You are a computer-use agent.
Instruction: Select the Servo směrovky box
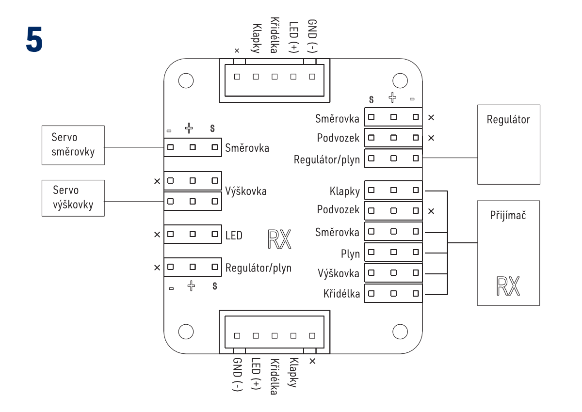click(x=73, y=145)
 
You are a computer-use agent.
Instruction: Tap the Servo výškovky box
click(x=73, y=198)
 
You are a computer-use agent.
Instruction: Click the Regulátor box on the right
click(x=508, y=144)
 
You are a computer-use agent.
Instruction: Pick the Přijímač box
click(x=508, y=253)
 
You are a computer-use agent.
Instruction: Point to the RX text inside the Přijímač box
click(x=508, y=286)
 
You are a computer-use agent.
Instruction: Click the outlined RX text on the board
click(x=279, y=239)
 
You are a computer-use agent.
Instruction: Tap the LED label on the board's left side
click(x=234, y=236)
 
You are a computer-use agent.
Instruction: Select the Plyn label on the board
click(x=350, y=254)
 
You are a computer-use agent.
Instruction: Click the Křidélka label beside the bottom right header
click(x=341, y=294)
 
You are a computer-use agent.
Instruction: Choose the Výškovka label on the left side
click(x=246, y=191)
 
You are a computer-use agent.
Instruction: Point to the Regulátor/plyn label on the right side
click(x=327, y=159)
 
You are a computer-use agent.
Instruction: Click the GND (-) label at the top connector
click(x=312, y=36)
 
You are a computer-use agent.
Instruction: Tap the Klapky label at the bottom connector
click(x=292, y=373)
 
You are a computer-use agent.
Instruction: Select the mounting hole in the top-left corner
click(x=186, y=80)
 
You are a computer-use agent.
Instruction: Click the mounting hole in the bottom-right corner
click(x=400, y=332)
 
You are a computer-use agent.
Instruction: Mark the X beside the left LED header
click(x=157, y=235)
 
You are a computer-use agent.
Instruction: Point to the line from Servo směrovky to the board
click(x=134, y=147)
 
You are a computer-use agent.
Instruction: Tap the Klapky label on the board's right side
click(x=344, y=191)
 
